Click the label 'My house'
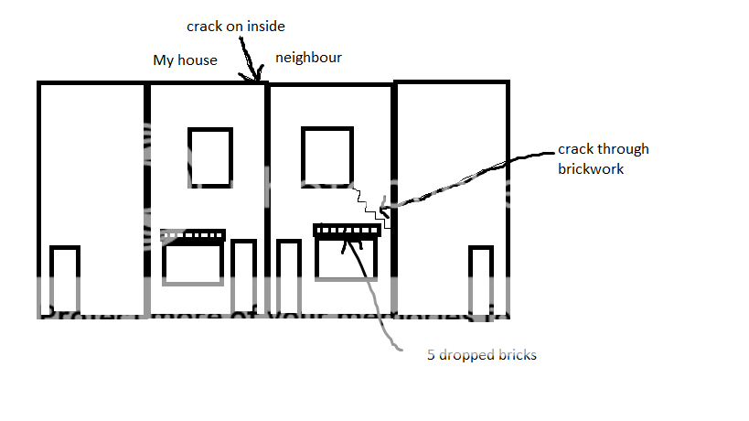point(185,60)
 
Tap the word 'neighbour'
point(308,58)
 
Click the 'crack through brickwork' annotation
point(603,158)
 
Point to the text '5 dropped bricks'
point(482,355)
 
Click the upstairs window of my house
point(210,157)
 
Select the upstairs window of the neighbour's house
point(326,157)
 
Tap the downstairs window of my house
point(192,264)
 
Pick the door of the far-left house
point(64,280)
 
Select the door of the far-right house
point(480,280)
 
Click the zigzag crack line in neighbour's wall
point(370,206)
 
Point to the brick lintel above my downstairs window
point(192,235)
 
